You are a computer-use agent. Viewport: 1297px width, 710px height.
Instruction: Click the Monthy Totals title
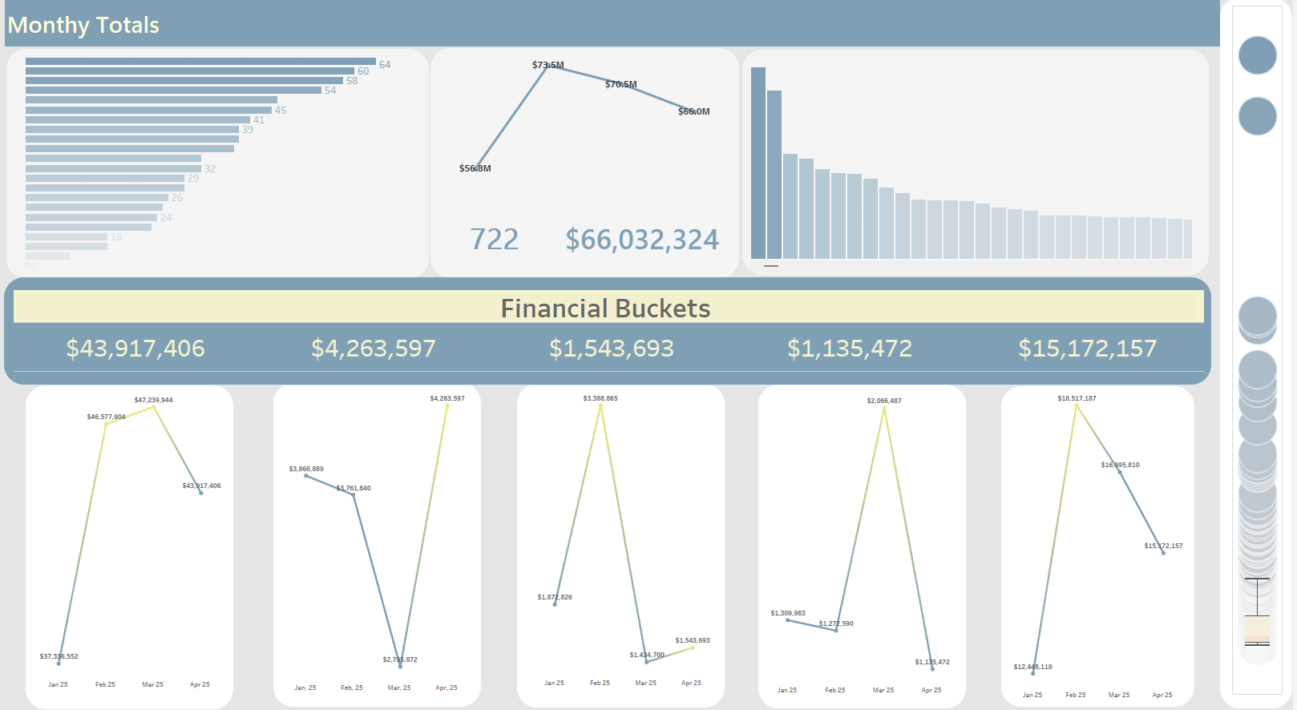(83, 26)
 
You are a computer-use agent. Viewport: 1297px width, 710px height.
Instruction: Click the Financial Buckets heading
(605, 309)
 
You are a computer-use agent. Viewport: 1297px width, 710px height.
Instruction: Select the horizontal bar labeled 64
(200, 62)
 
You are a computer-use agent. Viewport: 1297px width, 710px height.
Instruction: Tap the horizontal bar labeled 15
(67, 237)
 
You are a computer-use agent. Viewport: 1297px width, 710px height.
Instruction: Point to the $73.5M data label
(547, 65)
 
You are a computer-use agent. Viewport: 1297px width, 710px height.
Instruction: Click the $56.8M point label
(475, 168)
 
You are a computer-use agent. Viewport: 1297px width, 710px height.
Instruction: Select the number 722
(494, 240)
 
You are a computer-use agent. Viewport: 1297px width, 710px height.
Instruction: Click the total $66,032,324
(642, 240)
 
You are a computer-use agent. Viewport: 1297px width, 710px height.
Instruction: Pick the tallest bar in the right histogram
(758, 163)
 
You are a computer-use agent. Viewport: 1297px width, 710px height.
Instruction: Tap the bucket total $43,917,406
(135, 349)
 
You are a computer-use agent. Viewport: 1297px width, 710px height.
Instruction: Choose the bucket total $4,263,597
(374, 349)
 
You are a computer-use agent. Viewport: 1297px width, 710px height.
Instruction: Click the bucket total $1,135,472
(850, 349)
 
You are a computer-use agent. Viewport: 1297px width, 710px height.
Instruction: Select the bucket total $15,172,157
(1087, 349)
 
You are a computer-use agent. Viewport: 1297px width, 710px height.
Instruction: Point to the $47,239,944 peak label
(153, 400)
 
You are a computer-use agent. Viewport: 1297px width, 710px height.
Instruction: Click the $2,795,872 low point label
(400, 660)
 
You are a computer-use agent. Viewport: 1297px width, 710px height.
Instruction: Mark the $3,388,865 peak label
(600, 398)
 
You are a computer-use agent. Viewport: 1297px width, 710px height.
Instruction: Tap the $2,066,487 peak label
(883, 401)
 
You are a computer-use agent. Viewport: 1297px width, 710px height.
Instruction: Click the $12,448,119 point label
(1032, 667)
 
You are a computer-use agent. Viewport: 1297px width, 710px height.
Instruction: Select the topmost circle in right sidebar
(1257, 55)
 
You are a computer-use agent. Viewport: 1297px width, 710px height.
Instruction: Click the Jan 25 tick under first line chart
(58, 684)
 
